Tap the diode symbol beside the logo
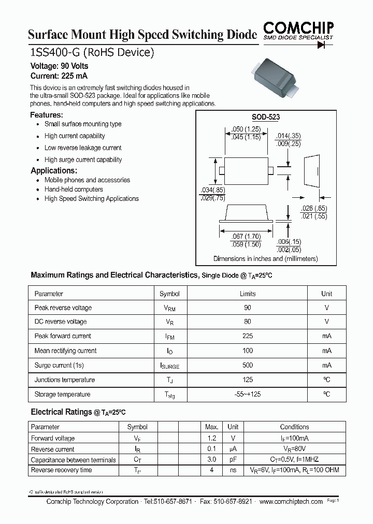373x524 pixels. click(325, 45)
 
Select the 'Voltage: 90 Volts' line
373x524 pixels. click(59, 66)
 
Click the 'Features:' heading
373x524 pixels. click(47, 115)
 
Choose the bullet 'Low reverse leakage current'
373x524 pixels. click(83, 148)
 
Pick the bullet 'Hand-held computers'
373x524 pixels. click(74, 190)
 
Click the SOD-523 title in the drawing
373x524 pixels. click(265, 118)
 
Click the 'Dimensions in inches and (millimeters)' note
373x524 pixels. click(265, 258)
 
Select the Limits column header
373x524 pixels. click(248, 294)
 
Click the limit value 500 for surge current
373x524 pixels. click(248, 365)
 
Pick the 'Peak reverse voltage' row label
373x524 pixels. click(63, 308)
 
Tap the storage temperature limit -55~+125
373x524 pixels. click(248, 395)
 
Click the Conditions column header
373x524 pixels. click(294, 427)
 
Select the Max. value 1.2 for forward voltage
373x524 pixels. click(211, 438)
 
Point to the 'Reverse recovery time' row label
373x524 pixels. click(61, 470)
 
